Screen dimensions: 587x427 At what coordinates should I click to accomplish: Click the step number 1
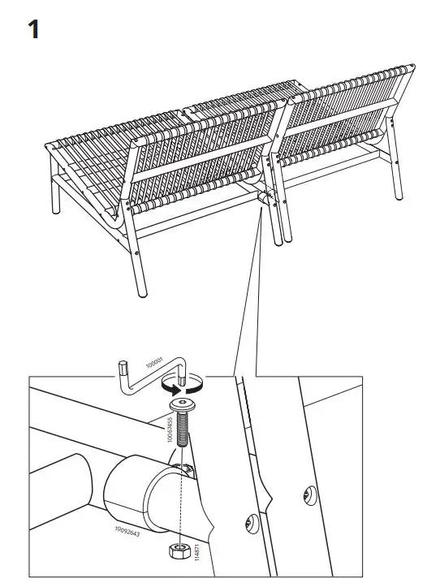point(33,30)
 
